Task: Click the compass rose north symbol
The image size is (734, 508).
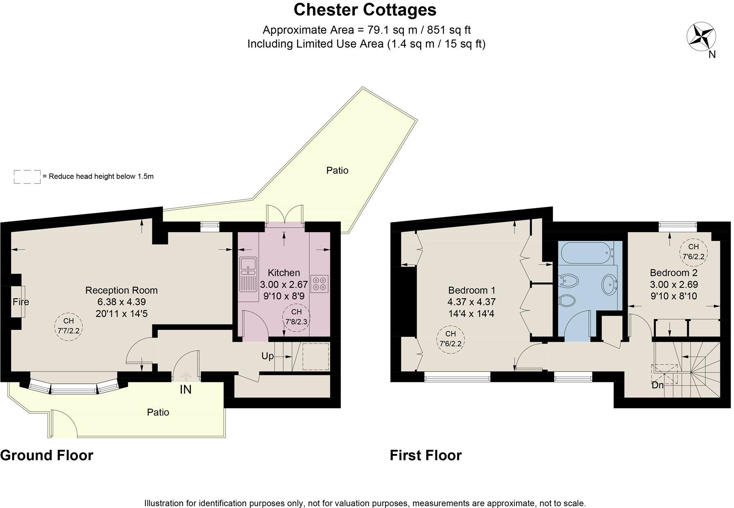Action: [x=701, y=37]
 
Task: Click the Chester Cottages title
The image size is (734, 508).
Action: [x=365, y=10]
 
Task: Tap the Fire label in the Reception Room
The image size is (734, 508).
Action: [x=20, y=302]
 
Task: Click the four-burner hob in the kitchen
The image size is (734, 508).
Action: [x=319, y=283]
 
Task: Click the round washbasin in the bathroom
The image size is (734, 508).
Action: [x=610, y=284]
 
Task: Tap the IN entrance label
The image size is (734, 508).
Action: [x=186, y=390]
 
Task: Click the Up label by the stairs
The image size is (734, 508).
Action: [x=267, y=356]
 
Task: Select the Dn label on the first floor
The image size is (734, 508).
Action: [x=657, y=385]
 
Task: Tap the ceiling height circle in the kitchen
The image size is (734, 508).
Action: [x=297, y=317]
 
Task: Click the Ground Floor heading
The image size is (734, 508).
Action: [x=47, y=455]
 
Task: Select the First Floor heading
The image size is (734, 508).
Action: [x=426, y=455]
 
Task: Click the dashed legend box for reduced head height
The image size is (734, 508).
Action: [x=27, y=177]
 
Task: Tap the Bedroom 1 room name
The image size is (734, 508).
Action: [x=471, y=290]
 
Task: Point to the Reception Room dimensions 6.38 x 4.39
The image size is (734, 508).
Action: [x=121, y=302]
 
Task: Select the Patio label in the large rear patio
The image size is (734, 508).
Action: [x=337, y=170]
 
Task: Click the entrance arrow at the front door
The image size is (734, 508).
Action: [x=186, y=375]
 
